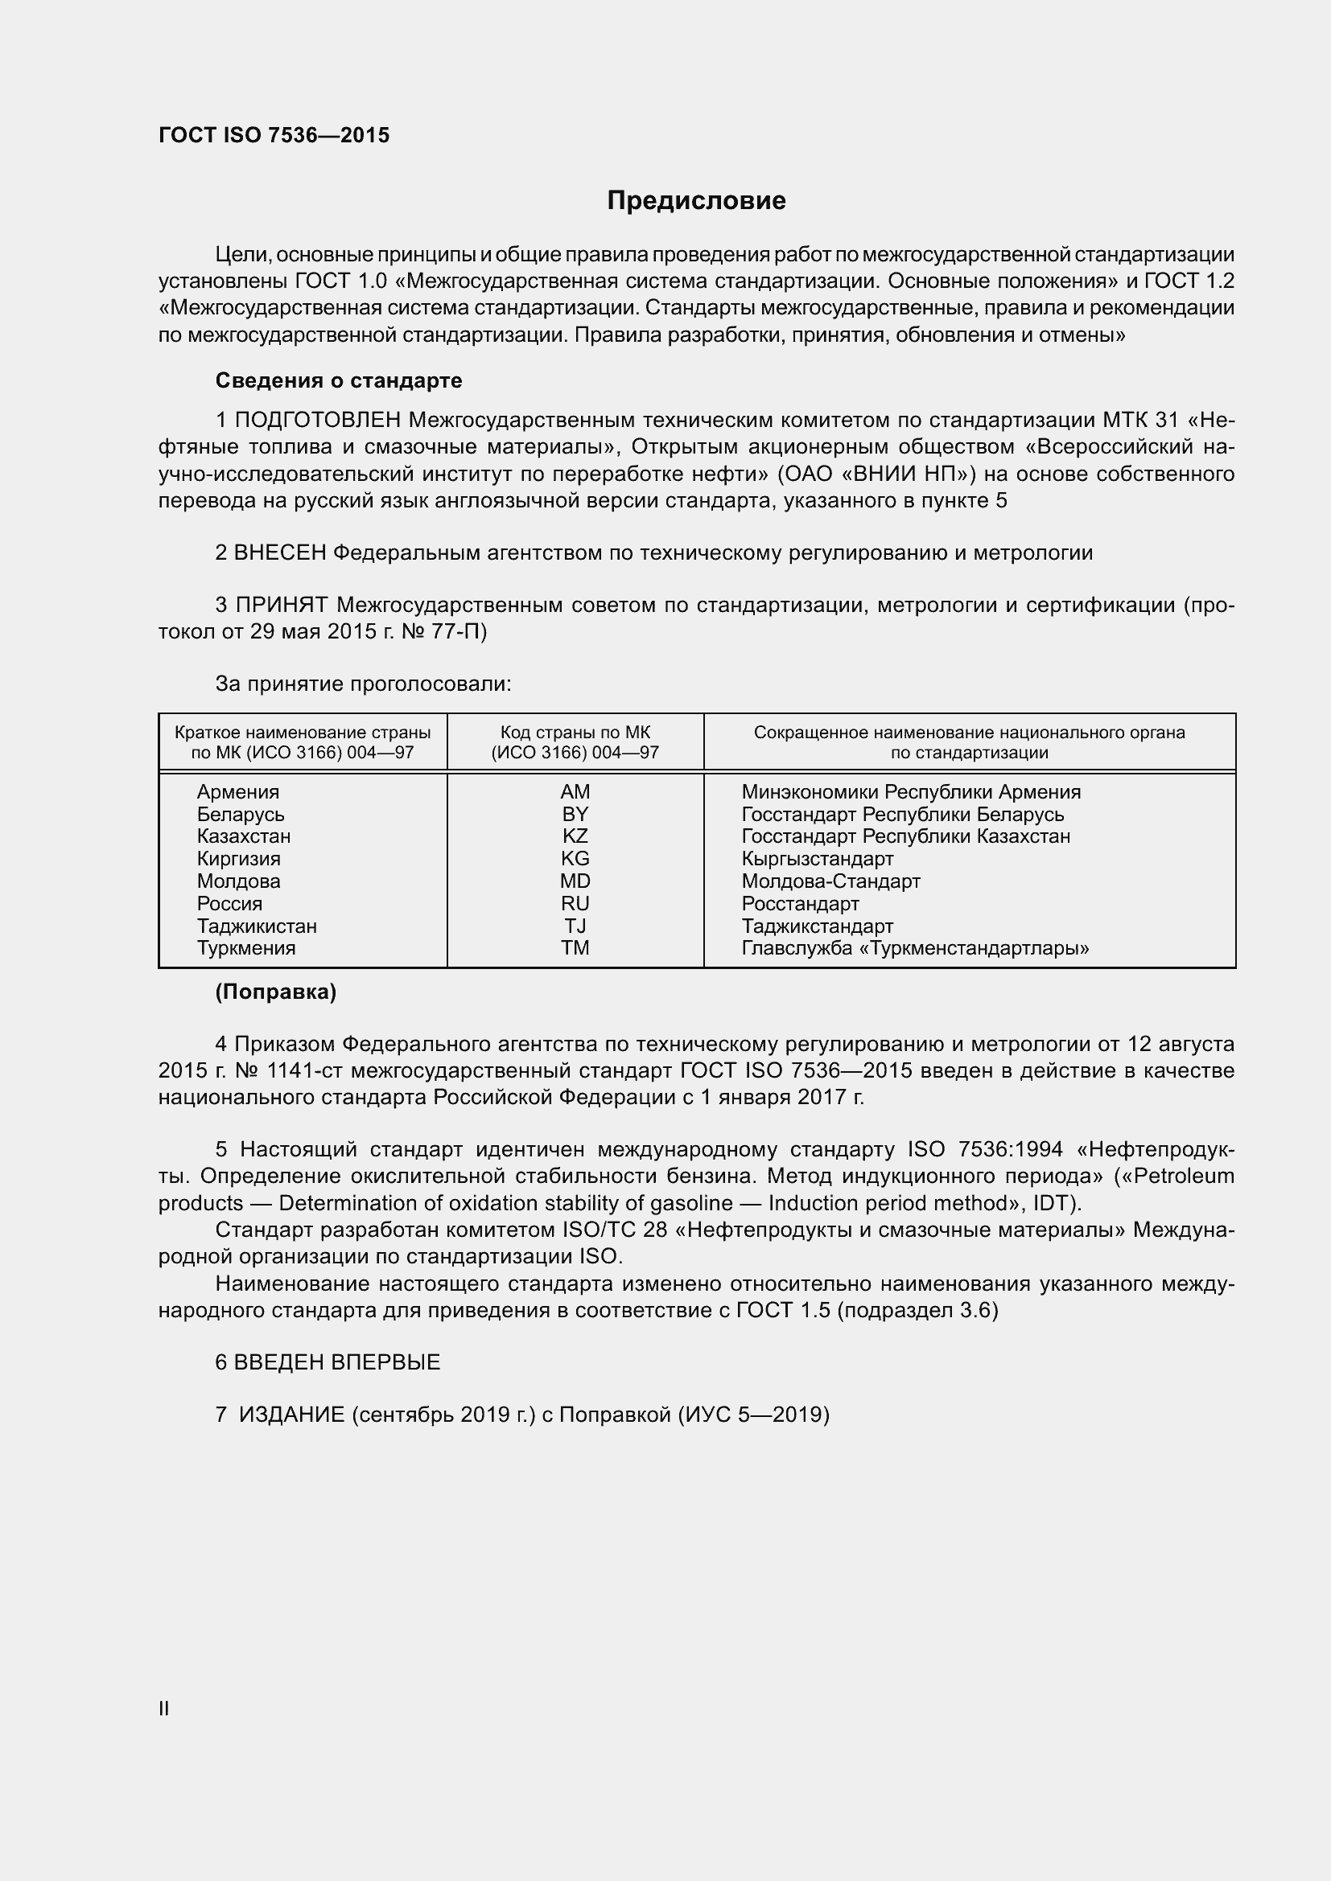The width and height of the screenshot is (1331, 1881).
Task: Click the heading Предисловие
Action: pos(696,201)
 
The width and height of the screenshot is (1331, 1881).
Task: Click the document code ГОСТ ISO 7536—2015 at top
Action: pos(274,135)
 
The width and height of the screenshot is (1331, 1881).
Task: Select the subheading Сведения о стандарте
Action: pos(339,380)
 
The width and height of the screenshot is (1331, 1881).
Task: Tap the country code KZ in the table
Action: pos(575,836)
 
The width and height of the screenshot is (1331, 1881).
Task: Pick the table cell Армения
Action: pos(237,792)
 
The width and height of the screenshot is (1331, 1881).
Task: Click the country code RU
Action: pos(575,904)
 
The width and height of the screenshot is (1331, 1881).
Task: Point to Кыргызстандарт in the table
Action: pos(817,859)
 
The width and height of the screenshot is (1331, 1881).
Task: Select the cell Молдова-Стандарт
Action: pos(830,881)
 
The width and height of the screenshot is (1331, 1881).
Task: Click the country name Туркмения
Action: pos(246,948)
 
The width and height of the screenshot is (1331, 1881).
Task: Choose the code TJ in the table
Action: pos(575,926)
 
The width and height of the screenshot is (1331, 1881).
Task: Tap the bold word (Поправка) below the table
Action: pos(275,992)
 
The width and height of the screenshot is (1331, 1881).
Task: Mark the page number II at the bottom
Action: pos(164,1709)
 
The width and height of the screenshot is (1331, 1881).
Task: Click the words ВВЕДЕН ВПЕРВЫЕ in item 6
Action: pos(337,1362)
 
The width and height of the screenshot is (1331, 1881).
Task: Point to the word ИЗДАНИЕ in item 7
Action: pos(292,1415)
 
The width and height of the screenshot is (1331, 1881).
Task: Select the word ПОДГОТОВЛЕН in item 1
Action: pos(318,421)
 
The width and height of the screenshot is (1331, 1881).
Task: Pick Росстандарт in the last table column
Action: pos(800,904)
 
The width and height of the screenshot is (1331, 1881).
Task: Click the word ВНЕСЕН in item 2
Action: pos(280,553)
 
